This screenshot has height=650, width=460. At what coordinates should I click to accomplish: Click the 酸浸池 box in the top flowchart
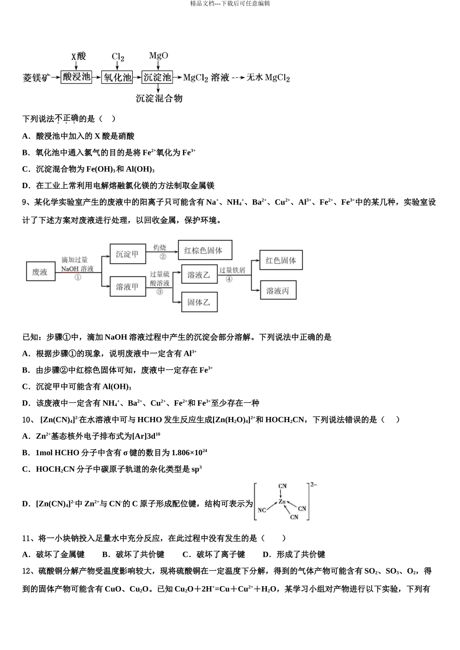point(76,77)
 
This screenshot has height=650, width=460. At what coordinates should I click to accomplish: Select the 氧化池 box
point(117,77)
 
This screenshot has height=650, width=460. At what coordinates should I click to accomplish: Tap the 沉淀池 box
point(157,77)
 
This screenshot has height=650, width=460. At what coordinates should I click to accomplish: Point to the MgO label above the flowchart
point(158,56)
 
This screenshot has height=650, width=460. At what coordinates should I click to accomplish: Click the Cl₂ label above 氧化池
point(118,57)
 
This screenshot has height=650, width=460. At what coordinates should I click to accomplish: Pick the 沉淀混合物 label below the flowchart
point(159,99)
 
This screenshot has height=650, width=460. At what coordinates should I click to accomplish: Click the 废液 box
point(40,272)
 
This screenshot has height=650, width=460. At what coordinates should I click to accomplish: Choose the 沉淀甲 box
point(127,254)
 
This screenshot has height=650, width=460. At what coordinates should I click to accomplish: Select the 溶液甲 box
point(127,287)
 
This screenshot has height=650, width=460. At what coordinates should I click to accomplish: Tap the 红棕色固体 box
point(204,251)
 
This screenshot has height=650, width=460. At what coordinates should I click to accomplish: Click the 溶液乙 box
point(199,275)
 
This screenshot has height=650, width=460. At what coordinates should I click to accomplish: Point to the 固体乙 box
point(199,302)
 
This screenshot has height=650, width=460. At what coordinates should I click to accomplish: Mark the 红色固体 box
point(281,260)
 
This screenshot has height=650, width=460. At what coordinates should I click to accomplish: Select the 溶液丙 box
point(278,290)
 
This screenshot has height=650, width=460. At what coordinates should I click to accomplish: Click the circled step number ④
point(229,279)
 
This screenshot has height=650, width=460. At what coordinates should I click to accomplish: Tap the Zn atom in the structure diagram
point(282,502)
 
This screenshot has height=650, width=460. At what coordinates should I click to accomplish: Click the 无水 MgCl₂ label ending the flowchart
point(268,77)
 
